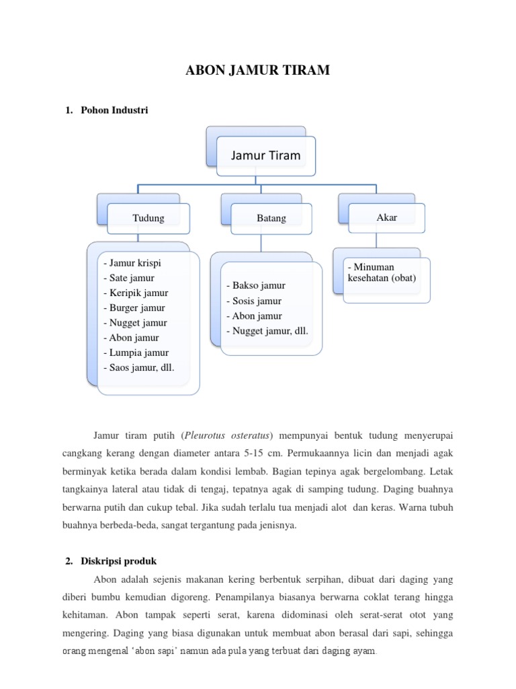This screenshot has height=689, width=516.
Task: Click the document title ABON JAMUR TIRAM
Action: pos(258,70)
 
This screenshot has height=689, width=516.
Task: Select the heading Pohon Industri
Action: pos(114,110)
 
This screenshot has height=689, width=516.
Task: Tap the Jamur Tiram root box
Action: pos(265,155)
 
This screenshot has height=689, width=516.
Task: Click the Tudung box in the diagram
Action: pos(148,218)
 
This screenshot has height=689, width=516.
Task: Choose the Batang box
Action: pos(271,218)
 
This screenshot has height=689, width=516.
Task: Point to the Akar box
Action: pos(387,217)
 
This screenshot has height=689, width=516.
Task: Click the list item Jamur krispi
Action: pos(132,263)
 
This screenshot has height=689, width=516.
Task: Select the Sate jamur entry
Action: pos(129,278)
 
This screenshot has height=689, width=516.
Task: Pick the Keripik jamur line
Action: pos(136,293)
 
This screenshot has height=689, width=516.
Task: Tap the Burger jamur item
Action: pos(134,307)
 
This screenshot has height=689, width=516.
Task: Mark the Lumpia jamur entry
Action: pos(136,352)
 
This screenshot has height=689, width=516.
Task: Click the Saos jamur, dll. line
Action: pos(138,367)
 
